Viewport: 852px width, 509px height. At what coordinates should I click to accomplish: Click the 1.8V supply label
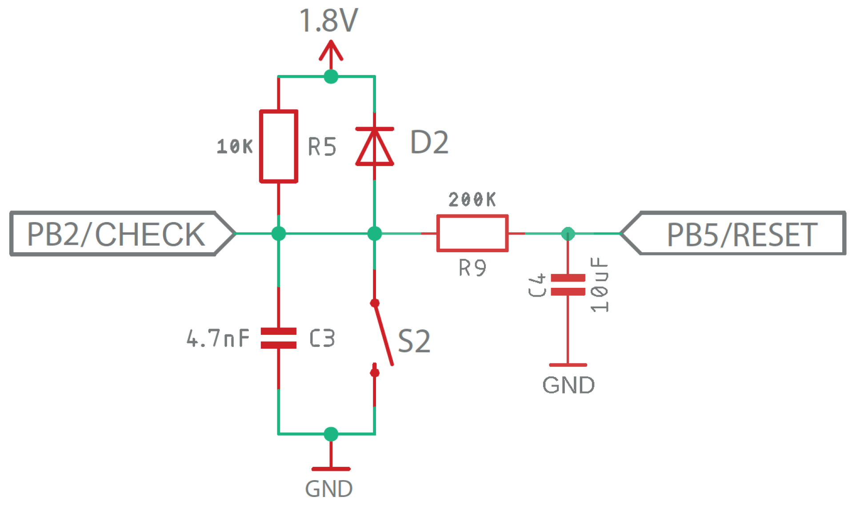point(328,21)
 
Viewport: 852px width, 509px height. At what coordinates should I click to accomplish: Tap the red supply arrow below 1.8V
point(331,52)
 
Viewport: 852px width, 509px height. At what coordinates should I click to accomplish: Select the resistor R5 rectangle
point(279,146)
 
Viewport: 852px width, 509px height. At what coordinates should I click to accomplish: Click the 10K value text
point(234,147)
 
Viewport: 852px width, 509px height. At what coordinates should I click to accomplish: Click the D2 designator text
point(429,143)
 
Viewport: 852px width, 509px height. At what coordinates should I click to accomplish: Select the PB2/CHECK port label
point(116,234)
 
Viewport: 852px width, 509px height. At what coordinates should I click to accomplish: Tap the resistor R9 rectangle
point(472,234)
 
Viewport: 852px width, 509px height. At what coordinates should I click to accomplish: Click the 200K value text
point(472,199)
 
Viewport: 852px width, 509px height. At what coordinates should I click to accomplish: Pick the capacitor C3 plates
point(279,338)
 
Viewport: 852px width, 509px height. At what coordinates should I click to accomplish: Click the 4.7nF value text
point(218,338)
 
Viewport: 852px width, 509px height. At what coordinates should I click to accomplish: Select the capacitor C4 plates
point(568,285)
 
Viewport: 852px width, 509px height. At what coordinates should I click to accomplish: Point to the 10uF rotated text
point(599,285)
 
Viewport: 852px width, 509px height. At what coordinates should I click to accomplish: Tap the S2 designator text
point(414,341)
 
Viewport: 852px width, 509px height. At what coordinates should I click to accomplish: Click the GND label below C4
point(568,385)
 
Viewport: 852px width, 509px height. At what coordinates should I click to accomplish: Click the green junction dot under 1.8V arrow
point(331,76)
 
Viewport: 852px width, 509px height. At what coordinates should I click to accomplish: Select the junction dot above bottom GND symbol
point(331,433)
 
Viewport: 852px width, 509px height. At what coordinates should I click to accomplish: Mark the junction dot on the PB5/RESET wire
point(568,234)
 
